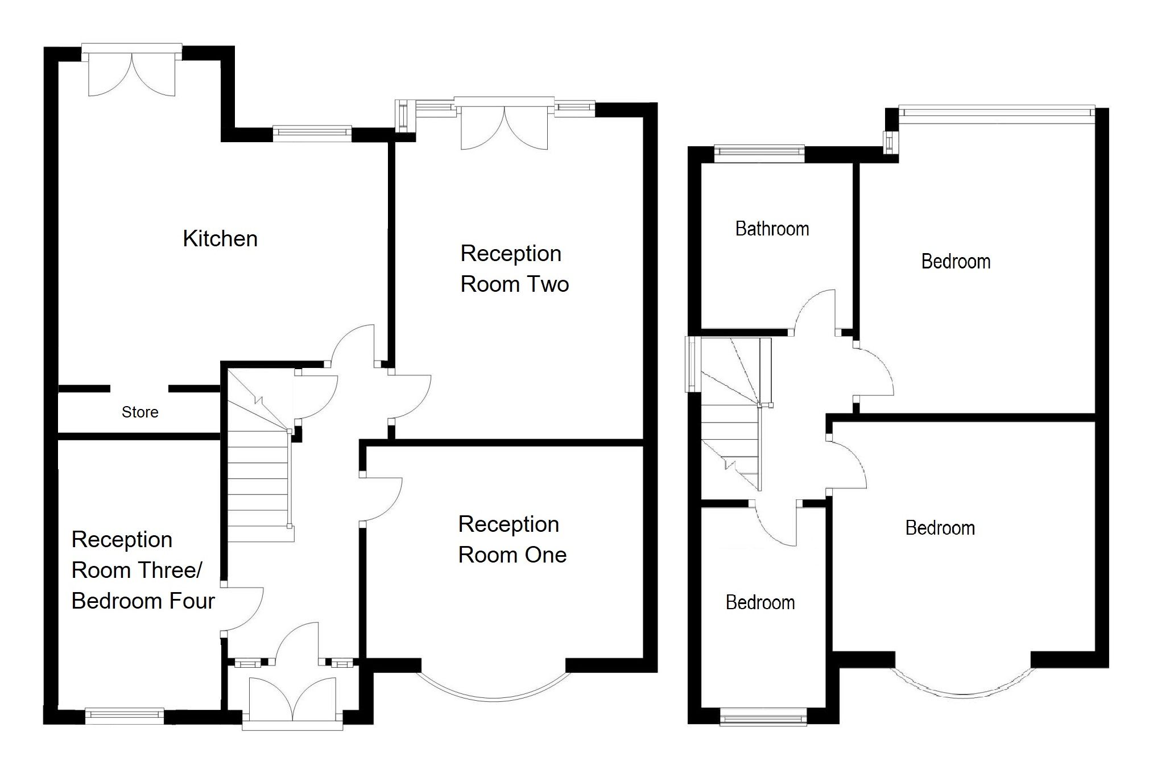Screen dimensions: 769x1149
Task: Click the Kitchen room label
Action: (220, 239)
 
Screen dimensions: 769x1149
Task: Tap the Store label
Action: (140, 412)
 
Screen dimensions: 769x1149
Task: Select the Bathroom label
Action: (772, 229)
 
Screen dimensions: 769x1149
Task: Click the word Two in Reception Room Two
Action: (548, 284)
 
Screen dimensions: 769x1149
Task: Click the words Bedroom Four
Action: (143, 601)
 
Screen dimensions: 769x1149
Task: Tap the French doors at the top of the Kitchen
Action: (132, 74)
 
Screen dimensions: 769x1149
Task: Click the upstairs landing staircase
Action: (730, 421)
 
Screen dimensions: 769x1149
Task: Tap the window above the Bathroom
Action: (759, 151)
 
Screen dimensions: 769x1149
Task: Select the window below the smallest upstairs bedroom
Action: (763, 717)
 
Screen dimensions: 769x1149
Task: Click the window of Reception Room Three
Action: (124, 716)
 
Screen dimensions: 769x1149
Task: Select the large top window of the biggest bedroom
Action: (995, 111)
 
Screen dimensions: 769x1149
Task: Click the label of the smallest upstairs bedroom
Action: (760, 603)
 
